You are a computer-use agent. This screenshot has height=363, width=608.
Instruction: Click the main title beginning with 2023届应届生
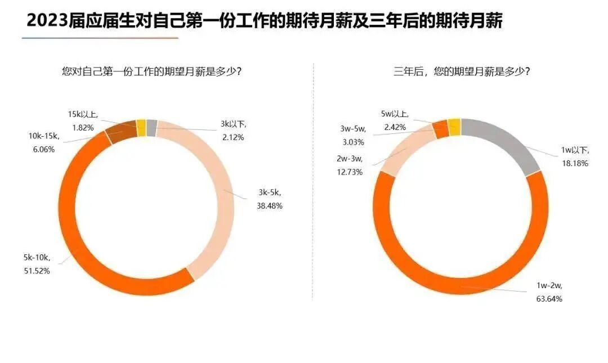pos(265,21)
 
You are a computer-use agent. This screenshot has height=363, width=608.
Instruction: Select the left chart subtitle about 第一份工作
pos(152,71)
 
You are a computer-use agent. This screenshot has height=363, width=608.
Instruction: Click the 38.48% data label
pos(269,201)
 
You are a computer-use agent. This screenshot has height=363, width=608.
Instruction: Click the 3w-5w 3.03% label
pos(352,135)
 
